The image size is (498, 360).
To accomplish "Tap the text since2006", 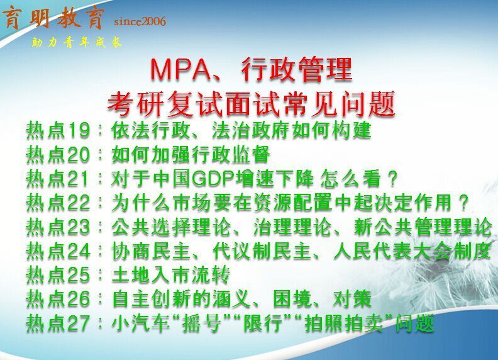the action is coord(140,21).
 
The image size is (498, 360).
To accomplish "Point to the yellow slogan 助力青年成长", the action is coord(77,42).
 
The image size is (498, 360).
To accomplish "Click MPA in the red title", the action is coord(180,69).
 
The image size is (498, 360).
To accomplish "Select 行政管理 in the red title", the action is coord(296,69).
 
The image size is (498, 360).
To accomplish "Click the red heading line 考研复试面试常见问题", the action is coord(252,103).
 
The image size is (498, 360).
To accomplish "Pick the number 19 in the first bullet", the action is coord(79,130).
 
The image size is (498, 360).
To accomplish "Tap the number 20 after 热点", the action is coord(79,155).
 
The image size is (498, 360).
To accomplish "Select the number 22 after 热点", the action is coord(79,203).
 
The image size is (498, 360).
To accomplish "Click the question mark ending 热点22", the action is coord(463,203).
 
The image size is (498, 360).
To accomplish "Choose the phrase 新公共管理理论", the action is coord(423,227).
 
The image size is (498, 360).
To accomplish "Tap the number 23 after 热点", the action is coord(79,227).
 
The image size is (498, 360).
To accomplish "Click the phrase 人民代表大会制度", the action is coord(412,251).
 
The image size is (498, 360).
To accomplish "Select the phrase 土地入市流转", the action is coord(170,275).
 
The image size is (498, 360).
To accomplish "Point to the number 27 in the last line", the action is coord(79,323).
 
